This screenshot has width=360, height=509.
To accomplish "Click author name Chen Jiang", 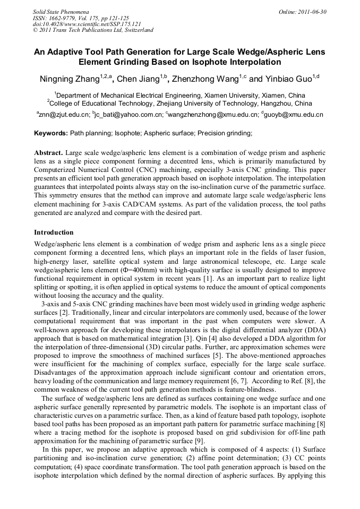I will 139,80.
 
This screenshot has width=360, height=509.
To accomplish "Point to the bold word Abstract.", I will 48,153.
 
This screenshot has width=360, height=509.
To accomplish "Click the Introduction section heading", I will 54,232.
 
